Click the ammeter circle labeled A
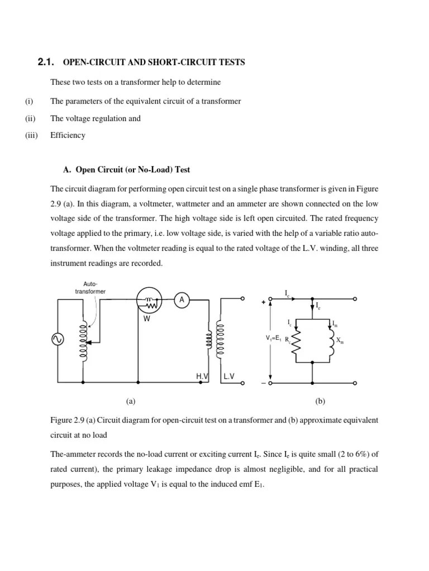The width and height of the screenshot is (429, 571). click(x=182, y=300)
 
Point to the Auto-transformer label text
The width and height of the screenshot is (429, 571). click(x=90, y=287)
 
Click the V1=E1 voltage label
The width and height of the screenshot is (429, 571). click(x=274, y=338)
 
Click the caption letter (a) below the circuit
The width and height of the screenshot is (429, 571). click(x=131, y=401)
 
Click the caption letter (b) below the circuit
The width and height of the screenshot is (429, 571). click(x=320, y=401)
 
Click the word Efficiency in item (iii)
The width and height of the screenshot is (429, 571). click(x=68, y=135)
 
